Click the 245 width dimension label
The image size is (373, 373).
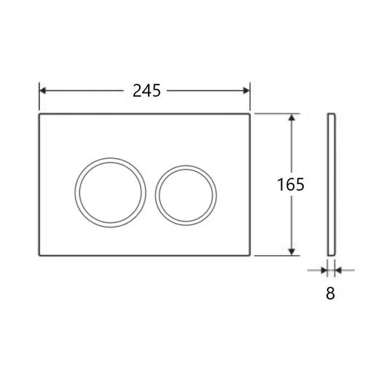click(x=146, y=90)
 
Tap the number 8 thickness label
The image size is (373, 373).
click(x=331, y=295)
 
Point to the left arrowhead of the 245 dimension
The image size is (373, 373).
click(x=42, y=90)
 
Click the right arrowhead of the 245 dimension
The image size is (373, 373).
click(x=248, y=90)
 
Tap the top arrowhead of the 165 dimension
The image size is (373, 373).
click(x=293, y=117)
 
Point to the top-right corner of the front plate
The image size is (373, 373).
click(x=252, y=114)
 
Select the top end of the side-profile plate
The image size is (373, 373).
click(x=331, y=114)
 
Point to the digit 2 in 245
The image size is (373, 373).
click(x=137, y=90)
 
